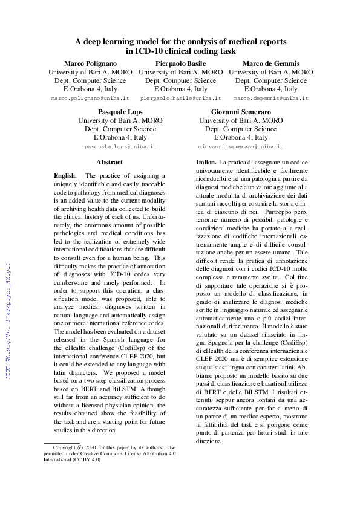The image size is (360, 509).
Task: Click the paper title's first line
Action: click(180, 41)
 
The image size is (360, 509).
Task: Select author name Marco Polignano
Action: click(90, 63)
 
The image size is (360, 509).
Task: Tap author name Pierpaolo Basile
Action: click(180, 63)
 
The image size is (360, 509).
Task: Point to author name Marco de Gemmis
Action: click(271, 63)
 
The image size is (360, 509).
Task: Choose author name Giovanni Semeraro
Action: click(241, 112)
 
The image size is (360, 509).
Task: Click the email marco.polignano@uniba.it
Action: click(90, 98)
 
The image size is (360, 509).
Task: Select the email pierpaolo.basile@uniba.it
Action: click(180, 98)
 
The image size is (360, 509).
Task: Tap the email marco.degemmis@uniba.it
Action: click(271, 98)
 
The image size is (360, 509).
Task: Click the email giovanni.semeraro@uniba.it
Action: click(241, 147)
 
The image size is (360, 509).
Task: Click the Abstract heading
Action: click(110, 162)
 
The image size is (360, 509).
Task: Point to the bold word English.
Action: click(65, 175)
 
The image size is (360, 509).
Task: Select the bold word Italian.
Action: click(206, 163)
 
